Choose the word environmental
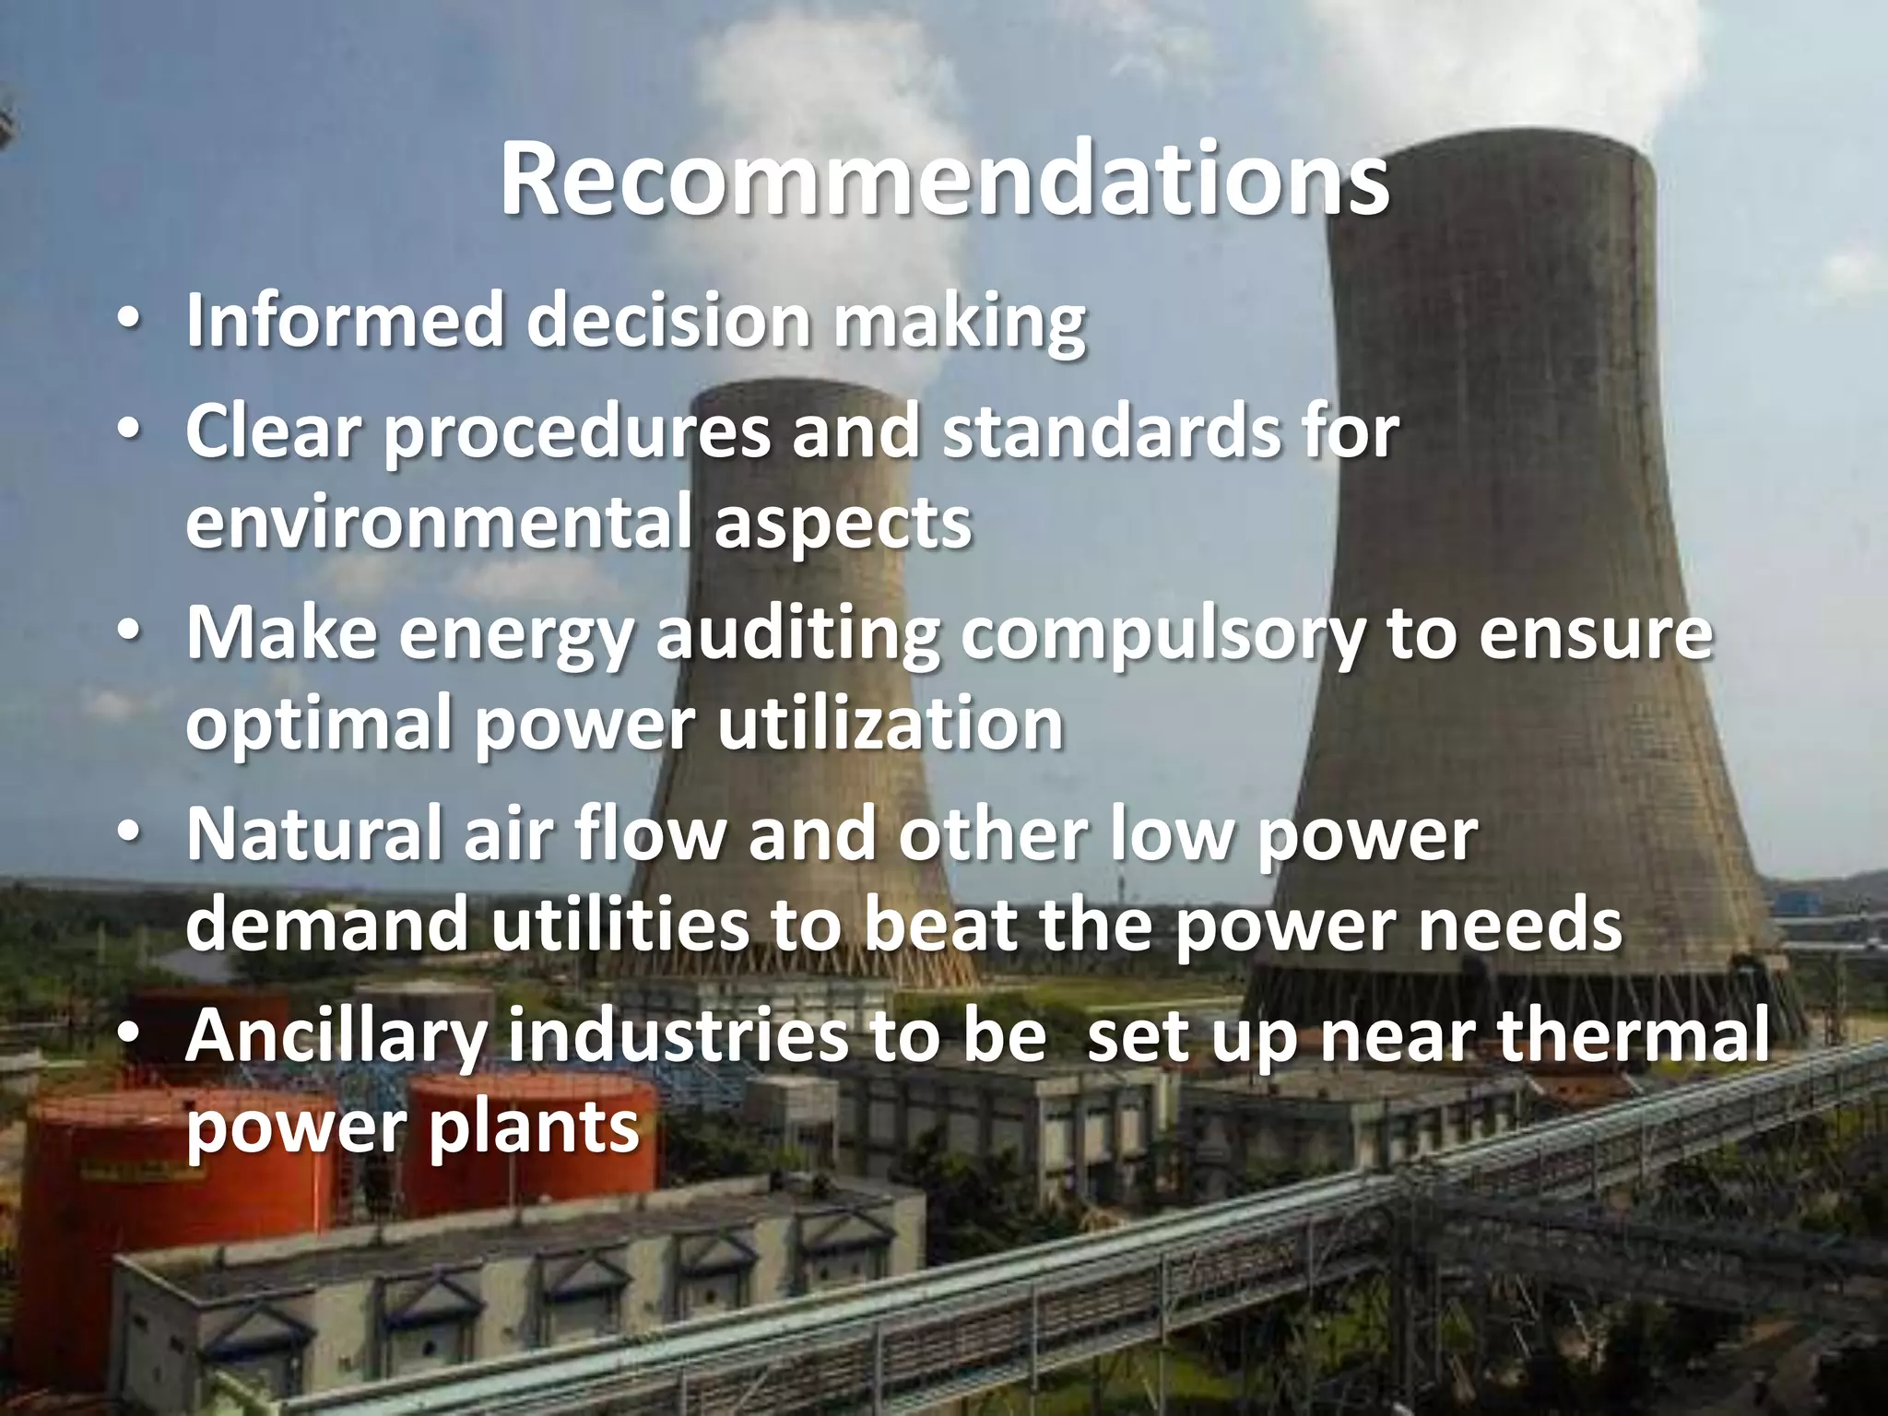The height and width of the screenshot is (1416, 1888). (437, 522)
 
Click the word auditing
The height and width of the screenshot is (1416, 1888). (797, 636)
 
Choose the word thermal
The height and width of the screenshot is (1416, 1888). (1633, 1034)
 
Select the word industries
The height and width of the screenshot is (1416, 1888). (676, 1034)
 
